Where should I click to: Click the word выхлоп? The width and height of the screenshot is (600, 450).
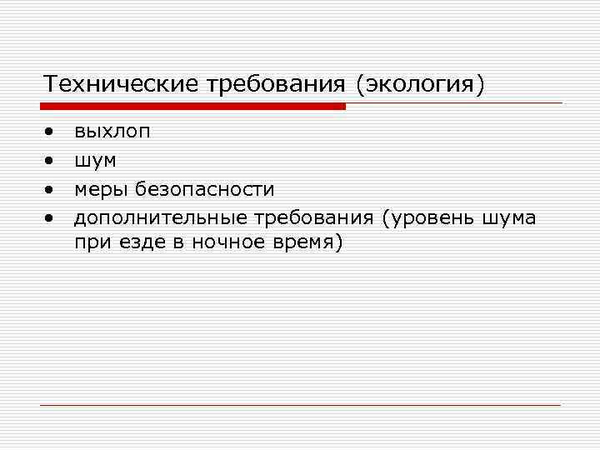pos(112,132)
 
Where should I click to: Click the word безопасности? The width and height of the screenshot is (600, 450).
pos(205,189)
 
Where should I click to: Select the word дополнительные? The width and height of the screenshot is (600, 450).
pos(159,218)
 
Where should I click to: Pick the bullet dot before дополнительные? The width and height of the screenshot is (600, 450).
pos(51,218)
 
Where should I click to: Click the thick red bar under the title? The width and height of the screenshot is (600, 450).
pos(192,106)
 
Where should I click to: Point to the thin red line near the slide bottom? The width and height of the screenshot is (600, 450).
pos(300,405)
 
